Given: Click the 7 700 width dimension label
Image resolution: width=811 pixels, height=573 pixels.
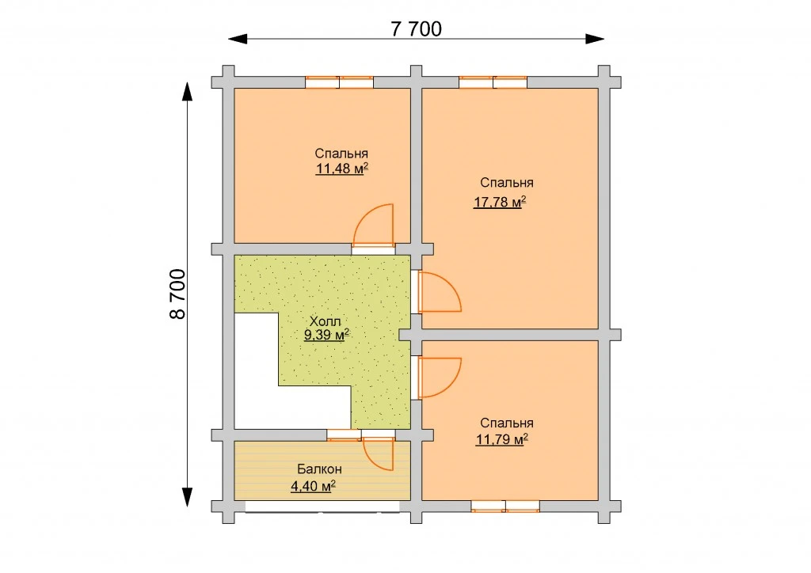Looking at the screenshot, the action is [417, 29].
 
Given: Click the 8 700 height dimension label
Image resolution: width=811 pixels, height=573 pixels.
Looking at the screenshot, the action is [177, 294].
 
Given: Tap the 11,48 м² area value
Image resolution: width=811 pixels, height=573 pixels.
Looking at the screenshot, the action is [342, 169].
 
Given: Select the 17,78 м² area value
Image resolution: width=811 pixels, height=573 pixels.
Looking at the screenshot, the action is [500, 202].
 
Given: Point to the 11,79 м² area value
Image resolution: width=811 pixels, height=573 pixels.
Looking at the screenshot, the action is [501, 440].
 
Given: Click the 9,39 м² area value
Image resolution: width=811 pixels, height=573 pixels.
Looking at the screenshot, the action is [326, 335].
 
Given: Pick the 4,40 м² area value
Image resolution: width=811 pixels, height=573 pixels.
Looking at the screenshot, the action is [313, 486].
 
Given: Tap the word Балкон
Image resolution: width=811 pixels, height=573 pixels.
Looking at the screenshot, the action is [319, 469].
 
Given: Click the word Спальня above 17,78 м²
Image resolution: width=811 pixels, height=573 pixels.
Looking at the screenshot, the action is [506, 182].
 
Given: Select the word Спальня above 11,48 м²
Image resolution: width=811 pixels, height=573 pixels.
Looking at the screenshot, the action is [341, 154].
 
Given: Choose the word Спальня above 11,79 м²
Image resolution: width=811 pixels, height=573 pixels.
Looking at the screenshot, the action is [506, 423].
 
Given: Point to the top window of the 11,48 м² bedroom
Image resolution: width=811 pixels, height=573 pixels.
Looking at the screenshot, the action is [339, 82].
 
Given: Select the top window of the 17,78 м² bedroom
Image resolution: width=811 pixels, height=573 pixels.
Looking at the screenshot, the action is [493, 82].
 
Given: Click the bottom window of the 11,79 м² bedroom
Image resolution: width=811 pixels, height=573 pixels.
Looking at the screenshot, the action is [505, 507].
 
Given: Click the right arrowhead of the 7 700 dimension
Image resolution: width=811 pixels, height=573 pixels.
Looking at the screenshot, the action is [595, 39].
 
